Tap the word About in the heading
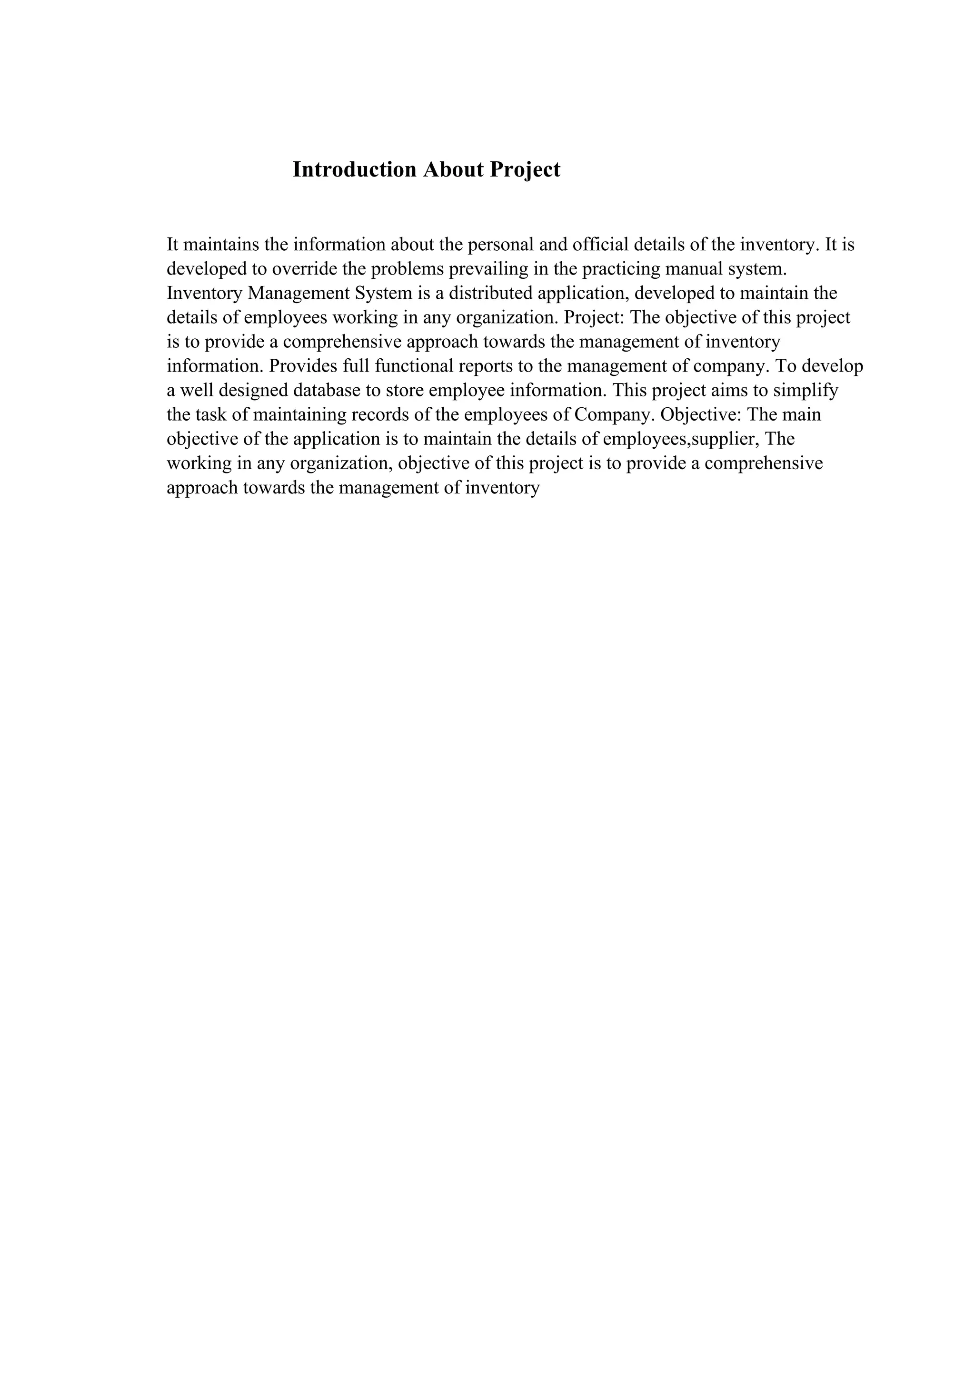(x=453, y=170)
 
